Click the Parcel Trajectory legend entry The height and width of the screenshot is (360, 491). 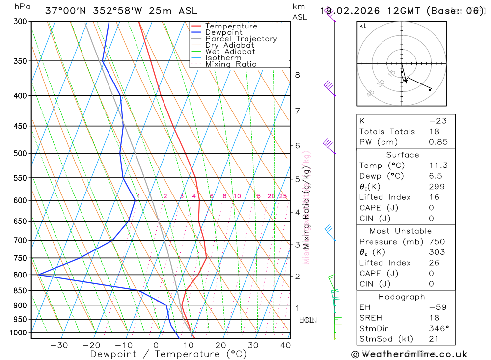tap(241, 39)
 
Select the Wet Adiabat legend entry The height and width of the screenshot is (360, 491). tap(230, 52)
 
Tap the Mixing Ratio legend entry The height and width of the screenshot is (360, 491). tap(231, 64)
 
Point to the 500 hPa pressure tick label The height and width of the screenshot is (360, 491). tap(20, 153)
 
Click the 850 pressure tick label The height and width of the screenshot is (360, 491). tap(20, 291)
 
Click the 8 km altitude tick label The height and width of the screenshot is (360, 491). tap(298, 75)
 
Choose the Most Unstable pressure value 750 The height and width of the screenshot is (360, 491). tap(436, 242)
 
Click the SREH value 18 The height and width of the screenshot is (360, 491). tap(434, 318)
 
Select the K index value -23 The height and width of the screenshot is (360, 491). tap(437, 121)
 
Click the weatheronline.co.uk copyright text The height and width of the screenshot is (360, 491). tap(409, 354)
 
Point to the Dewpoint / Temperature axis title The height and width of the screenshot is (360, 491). tap(168, 354)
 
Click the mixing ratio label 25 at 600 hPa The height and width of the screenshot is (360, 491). tap(283, 196)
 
